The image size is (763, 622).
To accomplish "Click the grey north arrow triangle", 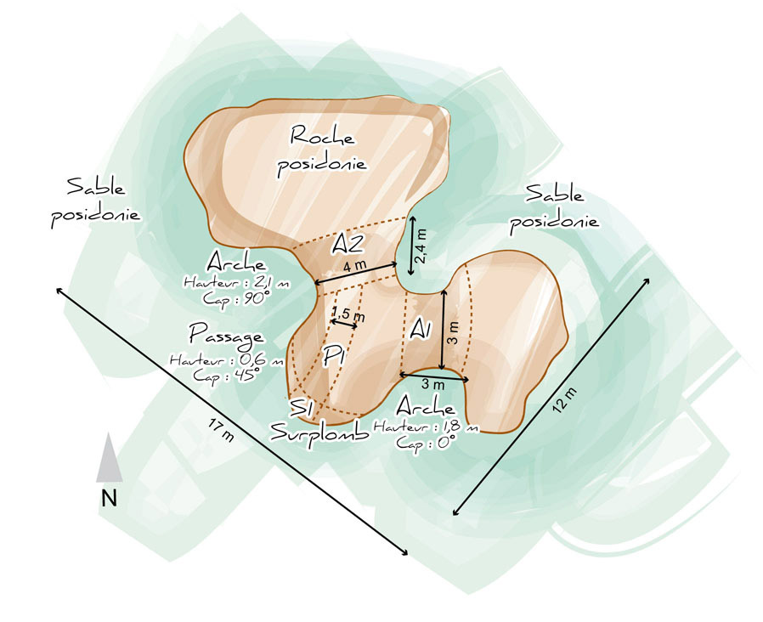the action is coord(109,459).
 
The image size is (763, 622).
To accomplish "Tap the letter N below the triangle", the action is coord(109,499).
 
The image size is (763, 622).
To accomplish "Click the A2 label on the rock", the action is coord(347,243).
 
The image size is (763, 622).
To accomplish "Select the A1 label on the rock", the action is coord(421,329).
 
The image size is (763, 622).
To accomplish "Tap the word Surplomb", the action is coord(319,432).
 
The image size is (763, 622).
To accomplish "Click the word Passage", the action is coord(227,336).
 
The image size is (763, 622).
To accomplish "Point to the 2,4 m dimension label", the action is coord(421,246).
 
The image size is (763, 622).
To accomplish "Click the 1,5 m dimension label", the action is coord(348,314).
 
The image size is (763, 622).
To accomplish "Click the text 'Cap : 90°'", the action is coord(237,298).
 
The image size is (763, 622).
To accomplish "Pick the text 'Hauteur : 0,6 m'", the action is coord(226,359).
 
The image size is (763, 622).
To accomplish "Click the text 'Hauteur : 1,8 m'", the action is coord(427,427).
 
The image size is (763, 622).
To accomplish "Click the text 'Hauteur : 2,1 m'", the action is coord(237,282).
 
